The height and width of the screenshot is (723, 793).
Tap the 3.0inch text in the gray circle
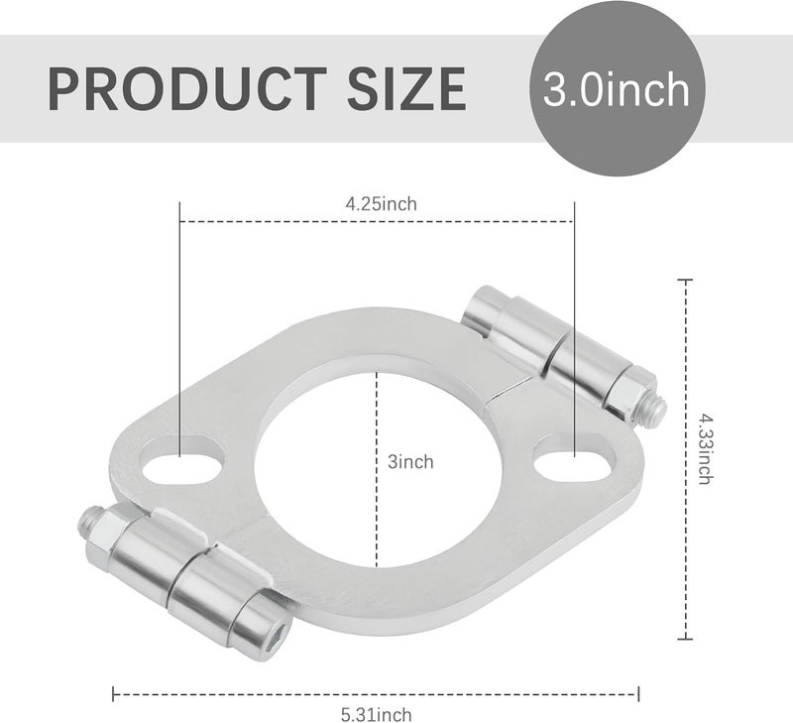point(616,89)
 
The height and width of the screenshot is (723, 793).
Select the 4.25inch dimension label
point(381,203)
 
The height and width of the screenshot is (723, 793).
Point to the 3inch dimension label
point(410,461)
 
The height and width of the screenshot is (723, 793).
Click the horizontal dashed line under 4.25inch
point(377,221)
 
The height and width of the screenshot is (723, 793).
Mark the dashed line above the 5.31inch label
point(377,692)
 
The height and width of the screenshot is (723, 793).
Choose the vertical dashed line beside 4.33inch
point(683,456)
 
